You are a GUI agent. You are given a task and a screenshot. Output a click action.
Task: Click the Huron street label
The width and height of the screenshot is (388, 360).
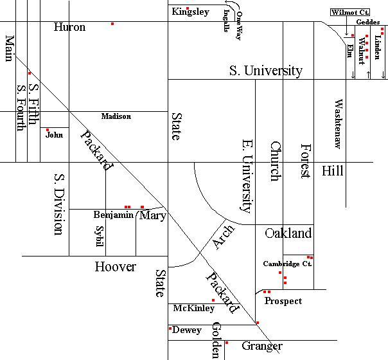(69, 27)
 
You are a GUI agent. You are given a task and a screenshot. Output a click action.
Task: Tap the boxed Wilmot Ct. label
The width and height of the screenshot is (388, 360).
(350, 12)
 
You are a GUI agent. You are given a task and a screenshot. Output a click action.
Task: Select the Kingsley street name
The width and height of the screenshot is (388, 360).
(191, 12)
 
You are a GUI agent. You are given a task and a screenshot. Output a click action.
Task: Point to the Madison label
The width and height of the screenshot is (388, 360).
(116, 116)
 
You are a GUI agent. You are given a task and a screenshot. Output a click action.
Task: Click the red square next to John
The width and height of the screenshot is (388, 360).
(48, 130)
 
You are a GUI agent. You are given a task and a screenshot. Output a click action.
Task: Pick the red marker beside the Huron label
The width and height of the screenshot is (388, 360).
(112, 24)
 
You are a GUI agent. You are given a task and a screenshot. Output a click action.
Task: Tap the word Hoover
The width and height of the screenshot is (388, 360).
(116, 267)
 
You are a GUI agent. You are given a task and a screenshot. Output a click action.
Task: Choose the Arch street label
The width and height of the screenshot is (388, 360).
(224, 237)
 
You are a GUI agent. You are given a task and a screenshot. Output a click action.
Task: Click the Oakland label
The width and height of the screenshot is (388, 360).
(288, 233)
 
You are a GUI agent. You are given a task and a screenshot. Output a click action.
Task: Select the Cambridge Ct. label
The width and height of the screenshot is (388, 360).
(287, 264)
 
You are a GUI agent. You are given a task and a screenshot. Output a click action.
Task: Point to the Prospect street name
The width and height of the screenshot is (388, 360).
(283, 301)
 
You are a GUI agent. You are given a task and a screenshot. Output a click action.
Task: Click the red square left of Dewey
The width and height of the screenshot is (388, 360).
(170, 328)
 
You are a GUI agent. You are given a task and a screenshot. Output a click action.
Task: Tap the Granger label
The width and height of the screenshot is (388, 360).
(262, 346)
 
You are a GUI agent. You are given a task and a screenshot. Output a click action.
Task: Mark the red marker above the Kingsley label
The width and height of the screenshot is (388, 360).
(188, 8)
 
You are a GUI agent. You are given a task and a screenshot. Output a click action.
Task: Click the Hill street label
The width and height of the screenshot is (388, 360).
(333, 171)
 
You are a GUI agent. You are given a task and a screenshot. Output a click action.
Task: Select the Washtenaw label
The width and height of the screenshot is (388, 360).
(339, 124)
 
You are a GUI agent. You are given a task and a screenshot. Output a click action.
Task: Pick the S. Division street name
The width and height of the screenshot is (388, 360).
(59, 204)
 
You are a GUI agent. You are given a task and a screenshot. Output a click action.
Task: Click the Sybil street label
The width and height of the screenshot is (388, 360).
(100, 236)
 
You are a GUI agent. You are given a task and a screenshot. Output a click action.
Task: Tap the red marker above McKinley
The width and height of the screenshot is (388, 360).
(213, 300)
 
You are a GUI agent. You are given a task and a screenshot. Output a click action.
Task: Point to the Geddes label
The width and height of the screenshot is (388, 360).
(368, 22)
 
